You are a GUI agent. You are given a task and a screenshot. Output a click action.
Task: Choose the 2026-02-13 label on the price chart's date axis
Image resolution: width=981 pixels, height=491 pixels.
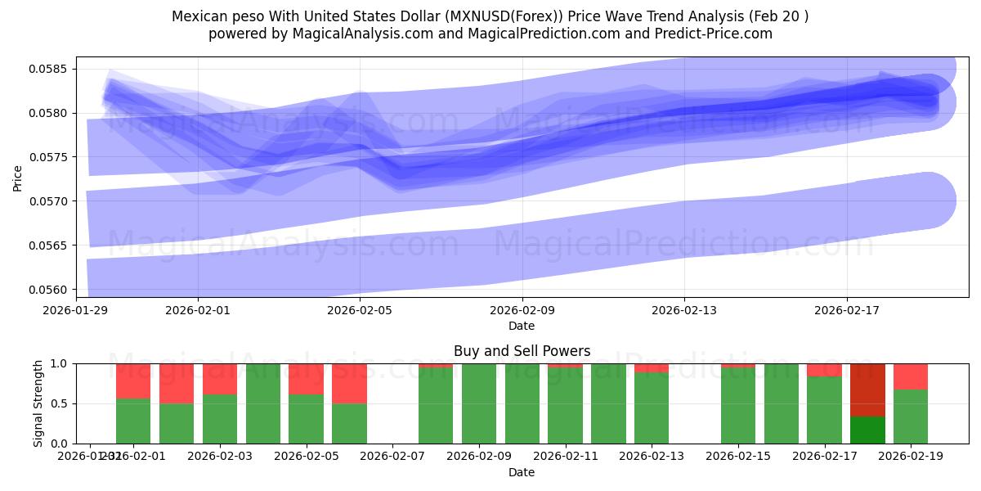[x=684, y=310]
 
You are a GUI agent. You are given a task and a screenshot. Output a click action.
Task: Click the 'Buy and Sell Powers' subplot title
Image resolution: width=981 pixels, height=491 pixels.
[x=522, y=351]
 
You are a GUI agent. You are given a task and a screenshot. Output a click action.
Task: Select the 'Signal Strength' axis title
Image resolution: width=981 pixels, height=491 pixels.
[x=38, y=403]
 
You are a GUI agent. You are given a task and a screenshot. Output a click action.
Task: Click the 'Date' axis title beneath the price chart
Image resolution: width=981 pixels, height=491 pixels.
[x=522, y=326]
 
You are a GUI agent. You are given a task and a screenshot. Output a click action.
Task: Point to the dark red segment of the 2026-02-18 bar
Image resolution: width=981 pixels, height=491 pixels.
[x=867, y=390]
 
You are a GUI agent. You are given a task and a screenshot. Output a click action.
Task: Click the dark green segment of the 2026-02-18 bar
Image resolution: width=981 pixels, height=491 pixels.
[x=867, y=430]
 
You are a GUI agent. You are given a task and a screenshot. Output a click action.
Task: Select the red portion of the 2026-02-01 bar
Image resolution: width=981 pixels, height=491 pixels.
[x=133, y=381]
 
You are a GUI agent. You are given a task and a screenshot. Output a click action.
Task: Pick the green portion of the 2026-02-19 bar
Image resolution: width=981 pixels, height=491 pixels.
[x=911, y=417]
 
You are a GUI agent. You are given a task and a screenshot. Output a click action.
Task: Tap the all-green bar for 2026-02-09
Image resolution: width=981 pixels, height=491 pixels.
[x=479, y=403]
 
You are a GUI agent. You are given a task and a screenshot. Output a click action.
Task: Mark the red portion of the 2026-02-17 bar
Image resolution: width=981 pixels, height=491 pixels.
[x=824, y=370]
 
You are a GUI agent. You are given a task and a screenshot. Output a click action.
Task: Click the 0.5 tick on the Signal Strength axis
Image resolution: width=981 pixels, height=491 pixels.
[x=62, y=403]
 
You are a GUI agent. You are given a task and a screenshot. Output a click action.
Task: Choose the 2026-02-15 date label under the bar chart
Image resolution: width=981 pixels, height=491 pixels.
[x=738, y=457]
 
